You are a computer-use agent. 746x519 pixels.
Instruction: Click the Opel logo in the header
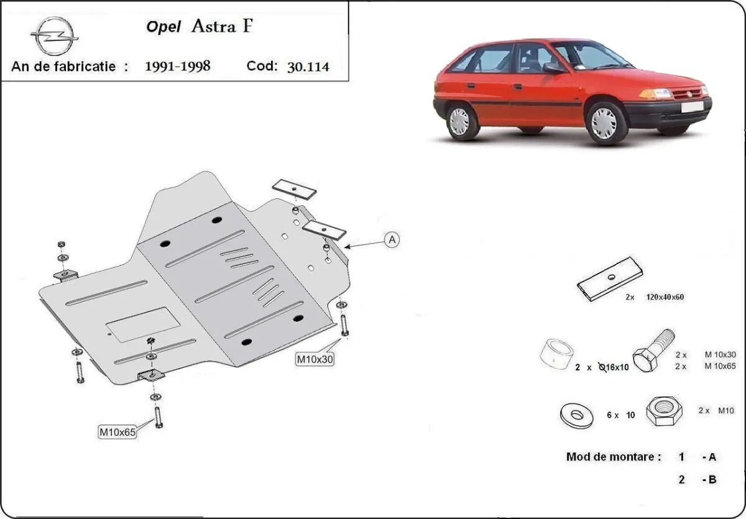55,35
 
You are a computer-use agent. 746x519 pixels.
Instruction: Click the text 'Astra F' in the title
222,26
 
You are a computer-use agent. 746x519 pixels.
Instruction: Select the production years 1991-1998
177,66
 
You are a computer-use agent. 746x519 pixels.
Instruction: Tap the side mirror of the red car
552,67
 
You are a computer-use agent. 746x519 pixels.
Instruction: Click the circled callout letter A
392,240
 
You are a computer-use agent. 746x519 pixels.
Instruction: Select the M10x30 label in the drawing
315,359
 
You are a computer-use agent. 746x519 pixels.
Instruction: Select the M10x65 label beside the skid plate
117,431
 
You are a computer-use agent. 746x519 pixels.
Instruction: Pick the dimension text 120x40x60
665,297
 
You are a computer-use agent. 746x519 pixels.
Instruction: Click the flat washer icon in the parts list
576,415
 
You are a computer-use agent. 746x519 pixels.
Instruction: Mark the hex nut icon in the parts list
664,411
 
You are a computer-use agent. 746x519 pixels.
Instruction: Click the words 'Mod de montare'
613,457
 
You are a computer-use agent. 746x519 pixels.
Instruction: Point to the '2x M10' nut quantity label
716,410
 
